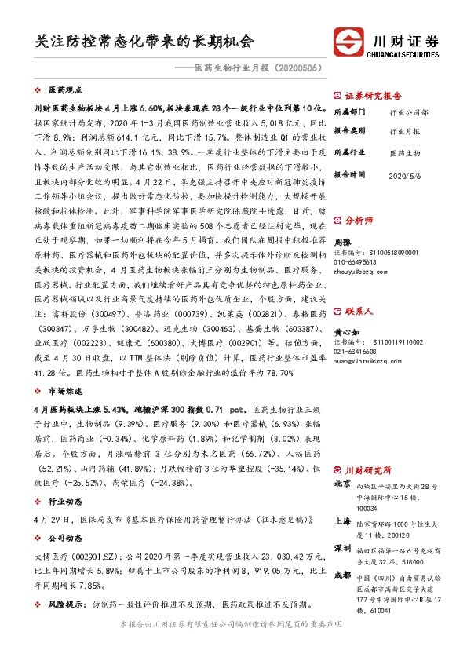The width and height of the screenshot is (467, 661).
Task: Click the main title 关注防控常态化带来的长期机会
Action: [x=144, y=40]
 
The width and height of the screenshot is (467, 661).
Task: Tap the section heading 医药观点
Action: [x=65, y=90]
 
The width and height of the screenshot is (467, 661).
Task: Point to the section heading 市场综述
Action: [x=65, y=389]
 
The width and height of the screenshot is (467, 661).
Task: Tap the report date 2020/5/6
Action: [x=406, y=173]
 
